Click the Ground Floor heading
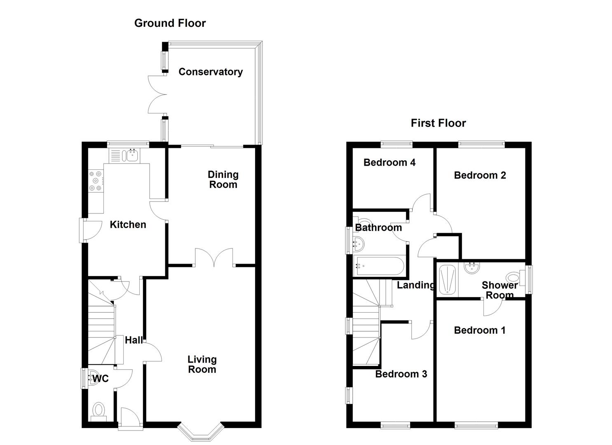170,23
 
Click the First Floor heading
438,123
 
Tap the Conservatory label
210,72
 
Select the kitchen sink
133,156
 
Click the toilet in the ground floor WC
98,410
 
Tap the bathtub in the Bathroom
380,266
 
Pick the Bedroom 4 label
389,162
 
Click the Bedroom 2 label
480,175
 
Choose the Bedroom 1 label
479,330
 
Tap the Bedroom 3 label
401,374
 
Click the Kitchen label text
128,225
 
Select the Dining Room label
223,179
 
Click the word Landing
415,285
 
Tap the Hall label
134,340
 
